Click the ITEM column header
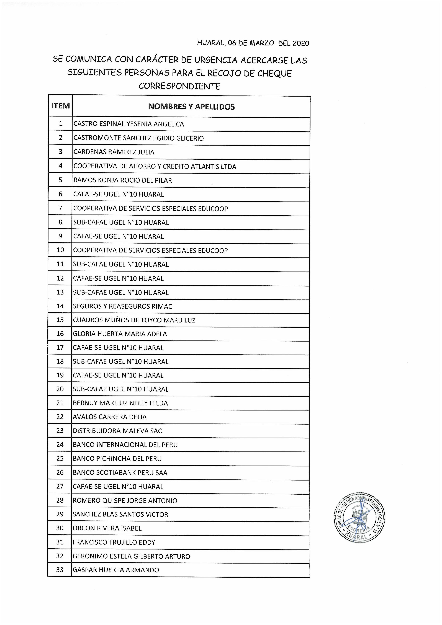(60, 106)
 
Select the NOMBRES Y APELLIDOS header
(191, 107)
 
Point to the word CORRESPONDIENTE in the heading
(179, 86)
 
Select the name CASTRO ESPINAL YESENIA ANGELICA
(129, 124)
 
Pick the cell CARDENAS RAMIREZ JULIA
(114, 152)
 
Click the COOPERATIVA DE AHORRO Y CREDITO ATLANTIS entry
(155, 167)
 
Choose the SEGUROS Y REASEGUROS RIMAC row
(123, 306)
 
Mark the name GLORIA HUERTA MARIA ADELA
(120, 334)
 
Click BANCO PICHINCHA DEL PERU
(117, 459)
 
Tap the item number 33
(60, 570)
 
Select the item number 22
(60, 417)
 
